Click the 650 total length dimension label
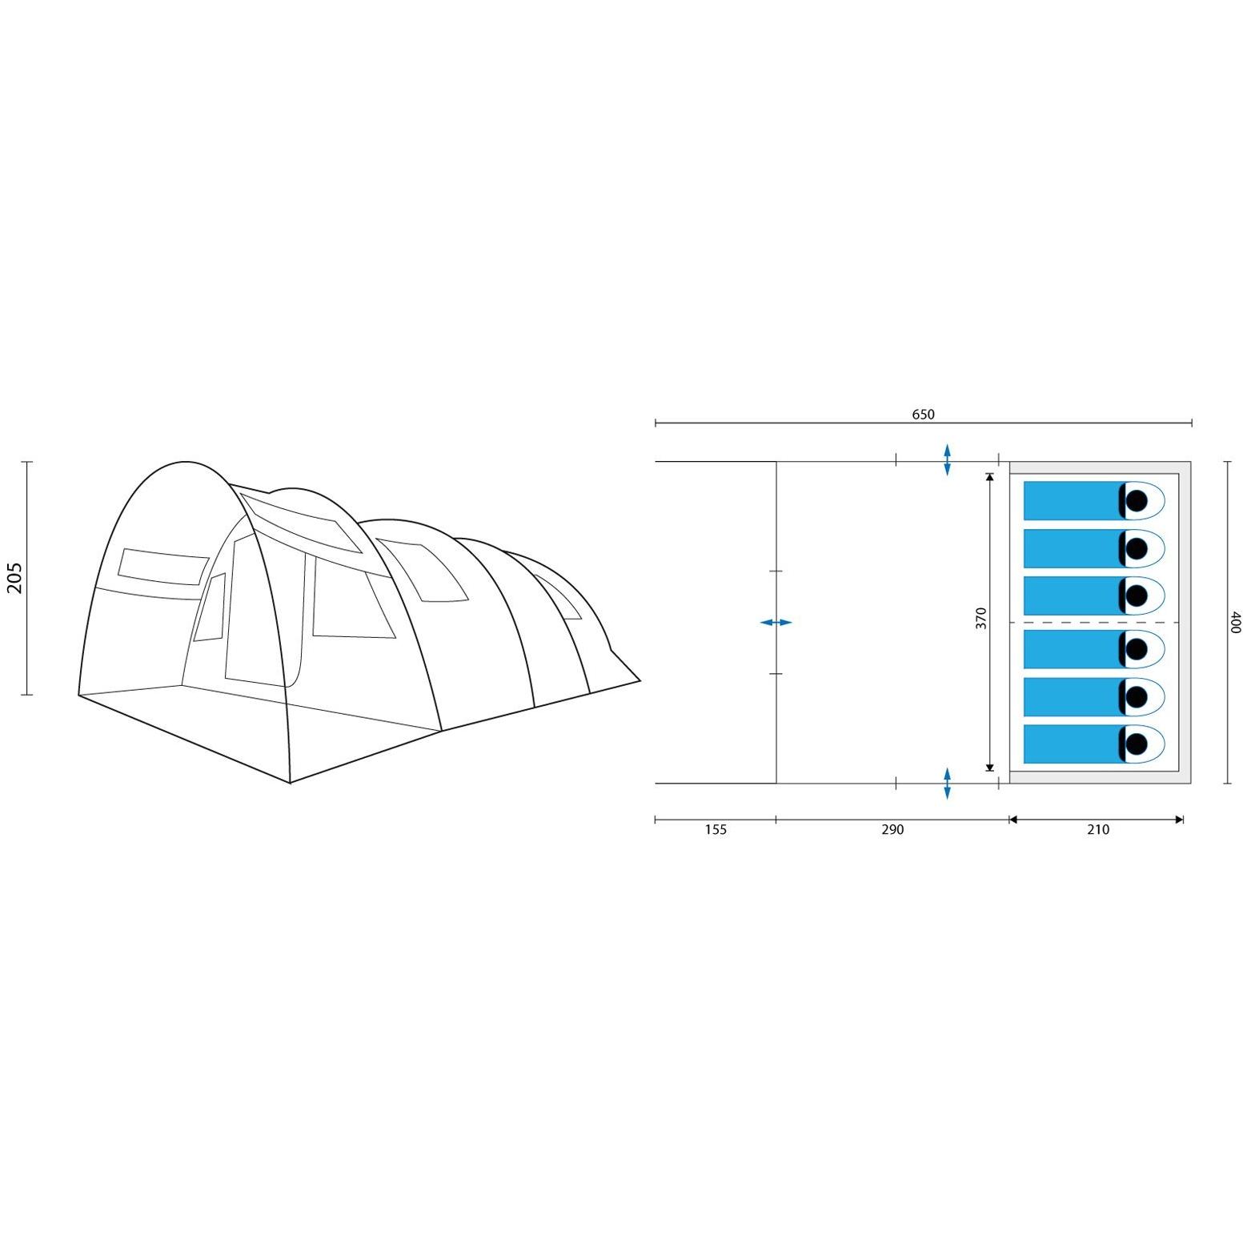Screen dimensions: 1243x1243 (x=923, y=415)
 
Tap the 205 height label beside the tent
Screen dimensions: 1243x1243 (x=15, y=578)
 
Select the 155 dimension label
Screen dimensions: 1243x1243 (x=716, y=830)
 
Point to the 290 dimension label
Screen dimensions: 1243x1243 (x=892, y=830)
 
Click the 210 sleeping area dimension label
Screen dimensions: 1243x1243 (x=1098, y=830)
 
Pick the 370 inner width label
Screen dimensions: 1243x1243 (x=981, y=618)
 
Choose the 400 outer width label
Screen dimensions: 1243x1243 (x=1235, y=622)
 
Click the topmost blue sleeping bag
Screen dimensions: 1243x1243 (x=1073, y=500)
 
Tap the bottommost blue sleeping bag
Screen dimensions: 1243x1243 (x=1073, y=744)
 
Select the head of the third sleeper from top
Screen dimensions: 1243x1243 (x=1137, y=595)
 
